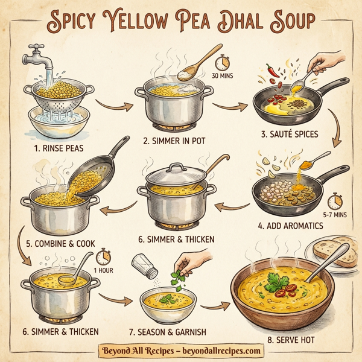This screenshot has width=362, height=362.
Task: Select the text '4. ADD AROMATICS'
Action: pos(290,226)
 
